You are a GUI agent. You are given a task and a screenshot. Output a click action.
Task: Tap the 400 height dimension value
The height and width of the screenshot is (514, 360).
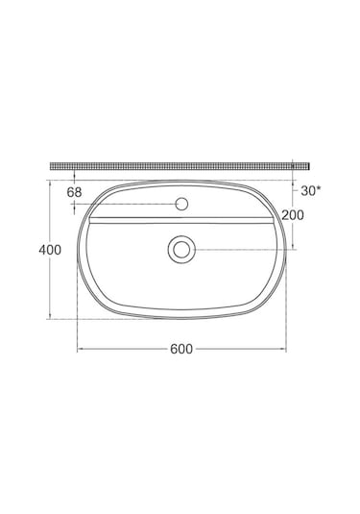49,250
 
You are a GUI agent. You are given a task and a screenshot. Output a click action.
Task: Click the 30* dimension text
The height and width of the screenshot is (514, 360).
310,191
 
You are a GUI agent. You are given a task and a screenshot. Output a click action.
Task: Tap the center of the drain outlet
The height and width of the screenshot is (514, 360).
180,249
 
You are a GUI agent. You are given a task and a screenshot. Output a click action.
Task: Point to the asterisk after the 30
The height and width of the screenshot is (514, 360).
319,189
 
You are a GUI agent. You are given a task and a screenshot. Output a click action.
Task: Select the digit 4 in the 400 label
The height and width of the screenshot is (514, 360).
41,250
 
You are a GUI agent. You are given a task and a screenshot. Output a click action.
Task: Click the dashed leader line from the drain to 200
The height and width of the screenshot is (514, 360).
240,249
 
